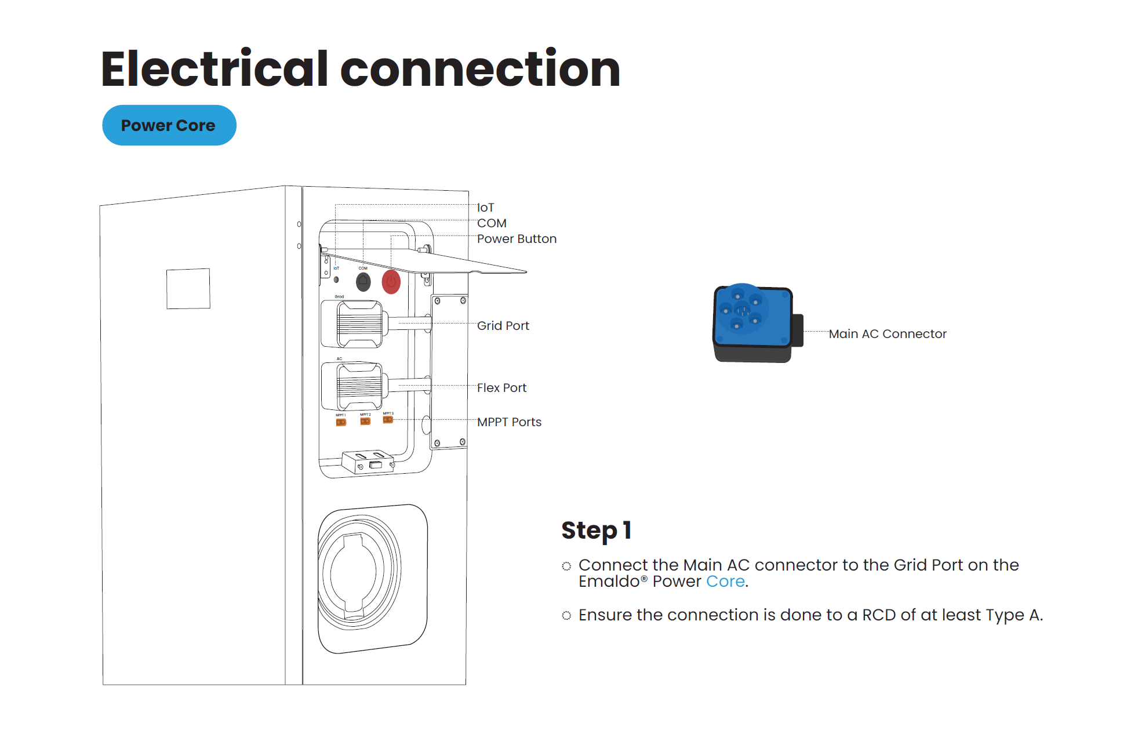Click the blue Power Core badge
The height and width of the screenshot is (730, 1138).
click(169, 125)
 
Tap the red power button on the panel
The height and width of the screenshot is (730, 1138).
click(391, 282)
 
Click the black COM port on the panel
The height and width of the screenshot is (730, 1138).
click(363, 282)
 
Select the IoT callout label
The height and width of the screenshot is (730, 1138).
click(485, 208)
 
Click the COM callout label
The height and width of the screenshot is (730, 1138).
click(492, 223)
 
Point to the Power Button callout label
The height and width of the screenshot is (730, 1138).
click(516, 239)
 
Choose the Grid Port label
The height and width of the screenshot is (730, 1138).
click(503, 326)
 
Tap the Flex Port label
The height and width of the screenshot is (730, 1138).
click(501, 388)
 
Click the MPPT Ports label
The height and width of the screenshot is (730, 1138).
click(509, 422)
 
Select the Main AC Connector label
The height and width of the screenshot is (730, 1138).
click(887, 334)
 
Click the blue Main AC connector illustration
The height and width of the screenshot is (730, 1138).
click(752, 322)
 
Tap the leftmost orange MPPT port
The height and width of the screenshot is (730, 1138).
click(341, 422)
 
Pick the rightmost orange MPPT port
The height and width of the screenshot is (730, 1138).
click(388, 420)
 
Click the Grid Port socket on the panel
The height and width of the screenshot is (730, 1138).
click(359, 324)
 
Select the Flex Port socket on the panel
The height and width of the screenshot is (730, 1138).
click(359, 386)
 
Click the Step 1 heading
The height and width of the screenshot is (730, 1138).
click(596, 531)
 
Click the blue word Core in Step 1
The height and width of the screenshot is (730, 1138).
click(725, 582)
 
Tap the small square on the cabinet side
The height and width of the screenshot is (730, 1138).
click(188, 288)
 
